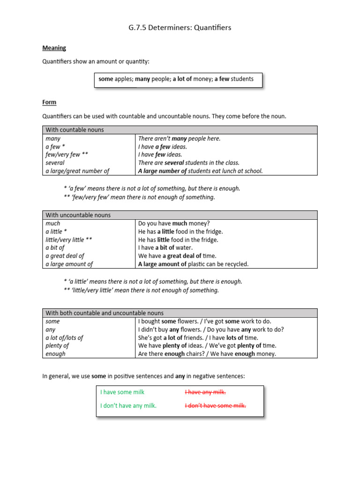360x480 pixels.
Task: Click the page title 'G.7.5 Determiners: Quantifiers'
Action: pos(180,28)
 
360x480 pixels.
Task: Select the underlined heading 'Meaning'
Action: pos(54,48)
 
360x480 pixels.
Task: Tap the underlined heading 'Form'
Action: pos(49,102)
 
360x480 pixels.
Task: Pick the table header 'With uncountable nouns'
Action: pos(78,215)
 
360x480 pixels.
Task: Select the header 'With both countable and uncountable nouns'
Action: pos(105,313)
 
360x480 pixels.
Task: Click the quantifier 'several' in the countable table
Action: pos(55,163)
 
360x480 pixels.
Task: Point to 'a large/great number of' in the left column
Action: pos(77,171)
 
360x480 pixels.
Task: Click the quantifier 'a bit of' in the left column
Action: pos(55,247)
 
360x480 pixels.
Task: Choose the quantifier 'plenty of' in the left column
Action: pos(57,345)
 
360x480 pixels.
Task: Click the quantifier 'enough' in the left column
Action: pos(55,354)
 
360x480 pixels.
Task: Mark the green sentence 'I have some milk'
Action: pos(122,392)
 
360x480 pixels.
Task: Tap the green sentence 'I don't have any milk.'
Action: pos(128,406)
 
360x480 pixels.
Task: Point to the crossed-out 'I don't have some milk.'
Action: pos(215,406)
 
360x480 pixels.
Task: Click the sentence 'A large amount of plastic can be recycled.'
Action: pos(193,264)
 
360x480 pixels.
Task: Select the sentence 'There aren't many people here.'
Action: pos(179,139)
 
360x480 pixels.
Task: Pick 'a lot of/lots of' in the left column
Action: pos(64,337)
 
